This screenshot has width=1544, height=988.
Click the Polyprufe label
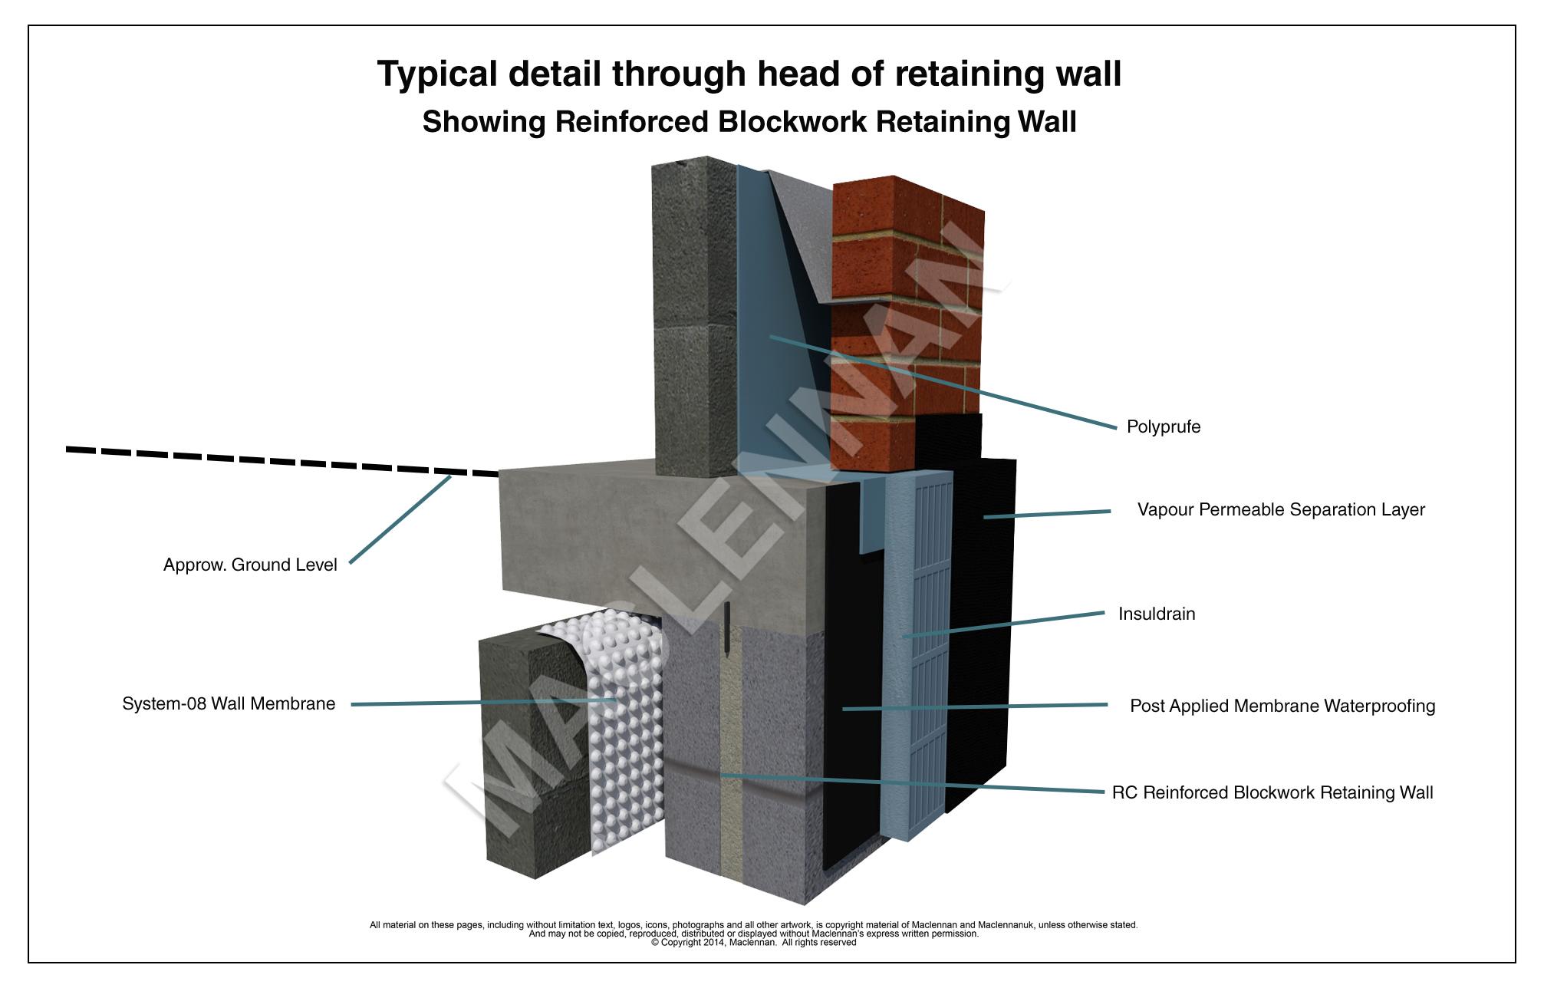[1163, 427]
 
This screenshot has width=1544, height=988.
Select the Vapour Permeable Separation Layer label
[1280, 510]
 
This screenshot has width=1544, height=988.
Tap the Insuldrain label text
[1156, 614]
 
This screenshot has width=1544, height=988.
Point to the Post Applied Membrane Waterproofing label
[1282, 706]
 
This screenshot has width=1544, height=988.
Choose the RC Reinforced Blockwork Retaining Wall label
[1272, 793]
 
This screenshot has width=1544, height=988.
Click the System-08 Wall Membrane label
[229, 704]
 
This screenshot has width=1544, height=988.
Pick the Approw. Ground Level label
[250, 565]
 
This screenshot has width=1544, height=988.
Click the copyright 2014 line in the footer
[753, 943]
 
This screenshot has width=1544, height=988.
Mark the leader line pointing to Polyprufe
[943, 381]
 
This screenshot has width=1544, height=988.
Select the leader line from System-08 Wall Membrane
[483, 702]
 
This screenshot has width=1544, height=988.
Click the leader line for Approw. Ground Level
[399, 520]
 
